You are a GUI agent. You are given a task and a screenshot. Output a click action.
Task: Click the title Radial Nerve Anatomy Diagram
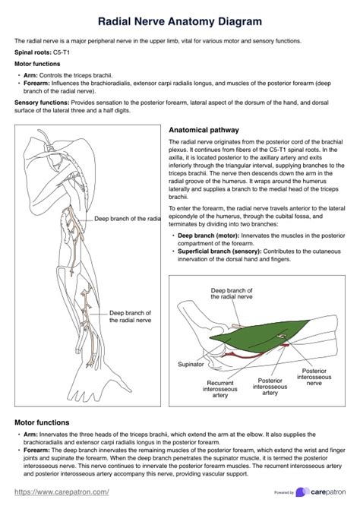pyautogui.click(x=180, y=21)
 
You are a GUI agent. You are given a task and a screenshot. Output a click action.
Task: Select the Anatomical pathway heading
pyautogui.click(x=204, y=130)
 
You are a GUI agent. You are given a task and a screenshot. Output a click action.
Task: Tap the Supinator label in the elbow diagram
pyautogui.click(x=191, y=364)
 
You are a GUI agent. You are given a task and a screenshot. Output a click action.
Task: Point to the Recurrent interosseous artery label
pyautogui.click(x=220, y=389)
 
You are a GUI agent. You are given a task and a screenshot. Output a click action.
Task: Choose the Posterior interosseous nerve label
pyautogui.click(x=314, y=377)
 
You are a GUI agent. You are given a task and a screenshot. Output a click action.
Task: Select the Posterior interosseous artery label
pyautogui.click(x=270, y=387)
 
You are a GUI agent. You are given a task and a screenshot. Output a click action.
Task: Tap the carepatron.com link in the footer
pyautogui.click(x=62, y=492)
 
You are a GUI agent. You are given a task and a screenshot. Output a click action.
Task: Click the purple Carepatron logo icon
pyautogui.click(x=302, y=492)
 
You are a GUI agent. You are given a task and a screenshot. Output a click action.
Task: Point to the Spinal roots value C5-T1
pyautogui.click(x=62, y=52)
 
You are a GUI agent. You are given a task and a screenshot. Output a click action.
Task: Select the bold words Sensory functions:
pyautogui.click(x=42, y=103)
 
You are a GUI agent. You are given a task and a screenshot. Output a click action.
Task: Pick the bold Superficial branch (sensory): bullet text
pyautogui.click(x=219, y=251)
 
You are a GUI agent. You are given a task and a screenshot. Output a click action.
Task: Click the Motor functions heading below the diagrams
pyautogui.click(x=42, y=422)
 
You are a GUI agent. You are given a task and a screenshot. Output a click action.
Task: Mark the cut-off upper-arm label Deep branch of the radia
pyautogui.click(x=128, y=219)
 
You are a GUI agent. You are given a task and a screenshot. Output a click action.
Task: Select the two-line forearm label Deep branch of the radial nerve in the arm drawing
pyautogui.click(x=130, y=317)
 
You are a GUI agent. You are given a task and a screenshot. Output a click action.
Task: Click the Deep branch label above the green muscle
pyautogui.click(x=232, y=293)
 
